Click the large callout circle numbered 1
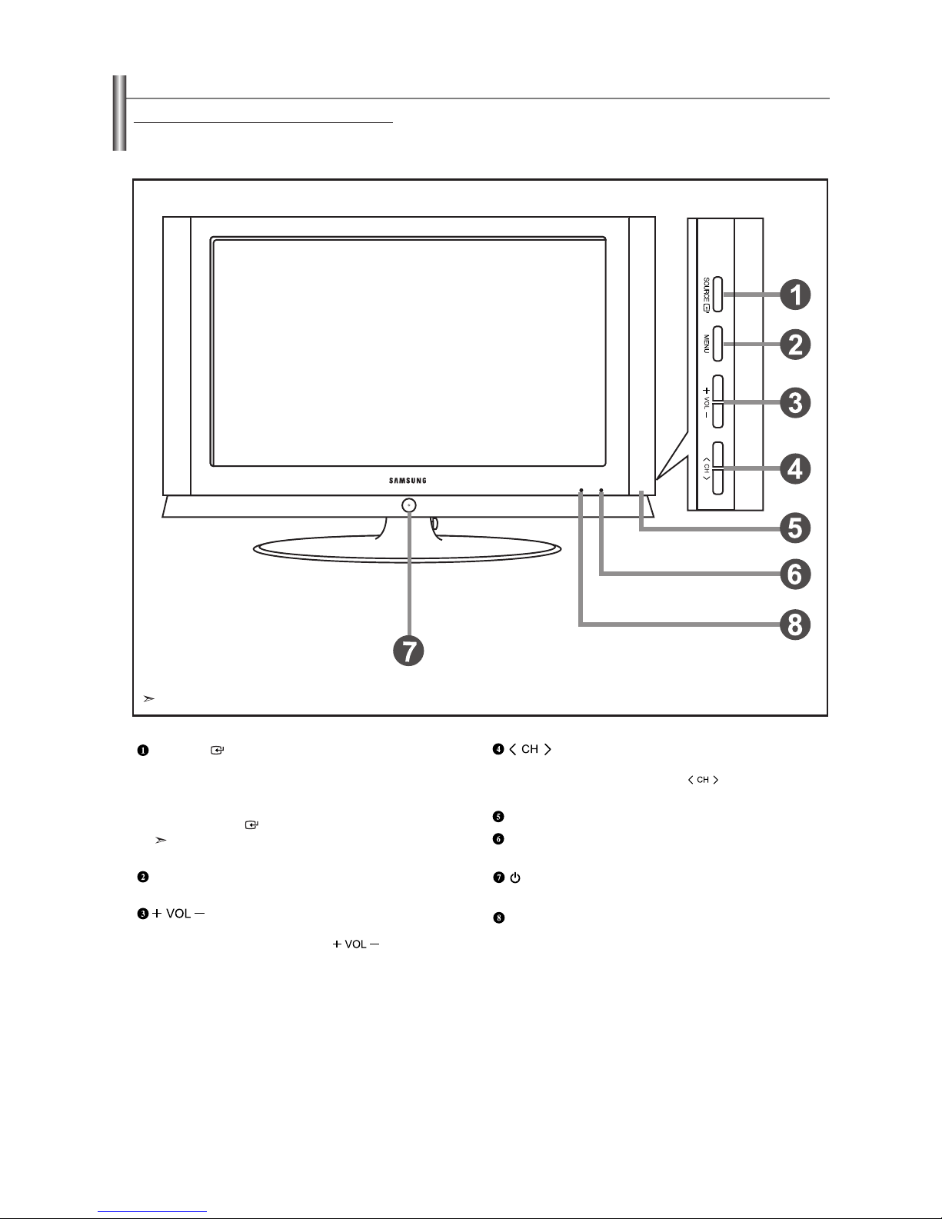[x=795, y=295]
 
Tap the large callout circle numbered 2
[x=795, y=345]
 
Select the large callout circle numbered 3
[x=795, y=403]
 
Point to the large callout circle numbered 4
[x=795, y=469]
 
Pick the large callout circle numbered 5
[x=795, y=528]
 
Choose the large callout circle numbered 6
[x=795, y=575]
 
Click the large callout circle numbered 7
[x=408, y=651]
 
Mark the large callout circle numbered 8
[x=795, y=625]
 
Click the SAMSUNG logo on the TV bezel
[x=408, y=481]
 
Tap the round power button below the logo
[x=409, y=505]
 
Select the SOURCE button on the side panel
[x=717, y=295]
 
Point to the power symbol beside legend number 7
[x=515, y=878]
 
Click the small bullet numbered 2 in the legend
[x=143, y=877]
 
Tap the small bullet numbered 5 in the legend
[x=498, y=816]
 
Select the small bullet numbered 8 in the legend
[x=498, y=918]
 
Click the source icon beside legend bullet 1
[x=217, y=750]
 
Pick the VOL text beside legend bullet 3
[x=178, y=913]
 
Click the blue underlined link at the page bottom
[x=152, y=1212]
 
